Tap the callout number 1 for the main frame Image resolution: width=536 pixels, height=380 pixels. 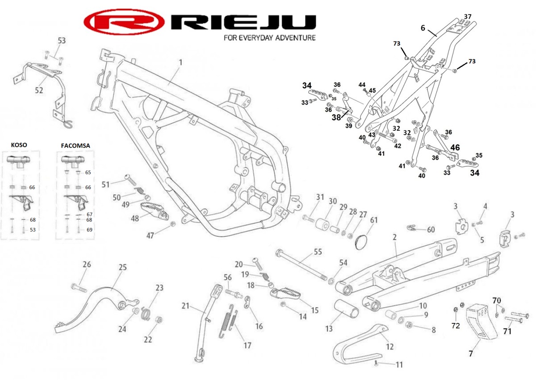181,63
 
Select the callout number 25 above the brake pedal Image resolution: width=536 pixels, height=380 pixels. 122,267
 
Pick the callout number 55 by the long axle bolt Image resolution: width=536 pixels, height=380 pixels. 318,252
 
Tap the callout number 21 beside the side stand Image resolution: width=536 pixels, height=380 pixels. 186,306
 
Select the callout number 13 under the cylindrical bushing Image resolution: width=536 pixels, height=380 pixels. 329,329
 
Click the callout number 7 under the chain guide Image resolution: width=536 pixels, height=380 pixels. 470,354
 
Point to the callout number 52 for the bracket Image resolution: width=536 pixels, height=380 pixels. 39,90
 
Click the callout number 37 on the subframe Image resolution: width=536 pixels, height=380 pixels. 468,17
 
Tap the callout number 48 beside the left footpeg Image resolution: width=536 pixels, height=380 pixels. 134,219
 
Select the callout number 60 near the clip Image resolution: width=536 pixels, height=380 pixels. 431,230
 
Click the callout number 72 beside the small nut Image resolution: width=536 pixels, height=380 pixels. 455,326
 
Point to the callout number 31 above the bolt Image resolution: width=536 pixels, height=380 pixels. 319,197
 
